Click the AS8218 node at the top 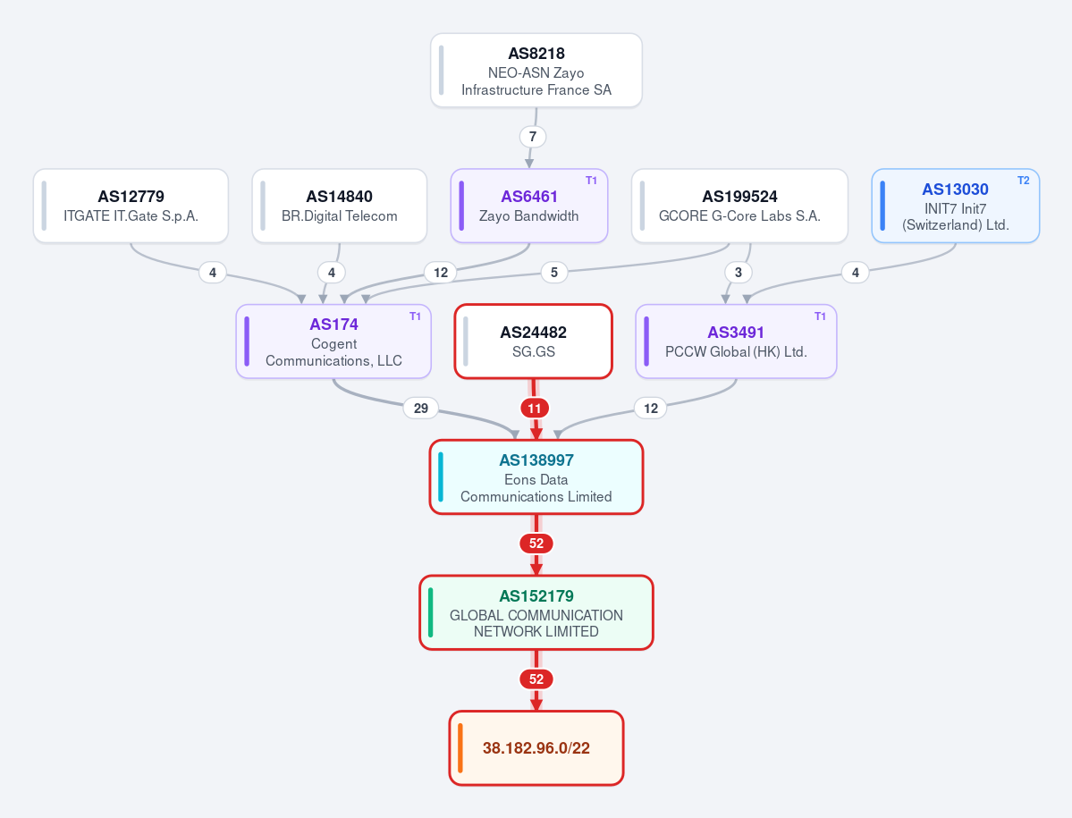click(x=536, y=71)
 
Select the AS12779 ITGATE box click(x=131, y=206)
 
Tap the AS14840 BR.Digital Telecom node click(x=339, y=206)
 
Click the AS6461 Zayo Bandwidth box click(x=529, y=206)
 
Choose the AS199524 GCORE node click(x=739, y=206)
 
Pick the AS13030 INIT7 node click(x=955, y=206)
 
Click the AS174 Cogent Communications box click(x=333, y=341)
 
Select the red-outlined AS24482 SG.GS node click(x=533, y=341)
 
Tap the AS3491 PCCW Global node click(x=737, y=341)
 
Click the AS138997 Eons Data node click(x=536, y=477)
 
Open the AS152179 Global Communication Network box click(x=536, y=612)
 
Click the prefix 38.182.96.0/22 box click(x=536, y=748)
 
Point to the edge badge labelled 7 click(x=533, y=137)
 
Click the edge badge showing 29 click(x=420, y=408)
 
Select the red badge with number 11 click(x=535, y=409)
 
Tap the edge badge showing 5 click(x=553, y=273)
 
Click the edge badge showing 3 click(x=738, y=273)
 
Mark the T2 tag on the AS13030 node click(x=1023, y=181)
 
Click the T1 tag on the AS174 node click(x=415, y=316)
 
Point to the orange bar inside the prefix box click(x=460, y=748)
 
